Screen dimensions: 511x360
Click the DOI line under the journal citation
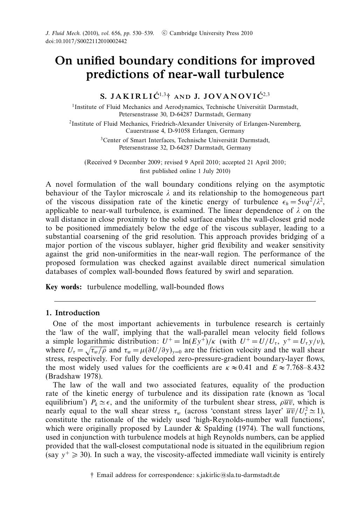(x=86, y=41)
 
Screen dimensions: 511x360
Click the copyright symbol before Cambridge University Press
(x=164, y=33)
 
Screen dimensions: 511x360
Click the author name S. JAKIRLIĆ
(x=129, y=96)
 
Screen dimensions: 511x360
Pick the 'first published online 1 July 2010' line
(x=185, y=171)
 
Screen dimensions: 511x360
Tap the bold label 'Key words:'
(x=64, y=287)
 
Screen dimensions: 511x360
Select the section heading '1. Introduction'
(x=73, y=313)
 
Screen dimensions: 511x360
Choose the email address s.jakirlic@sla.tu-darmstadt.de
(x=238, y=475)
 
